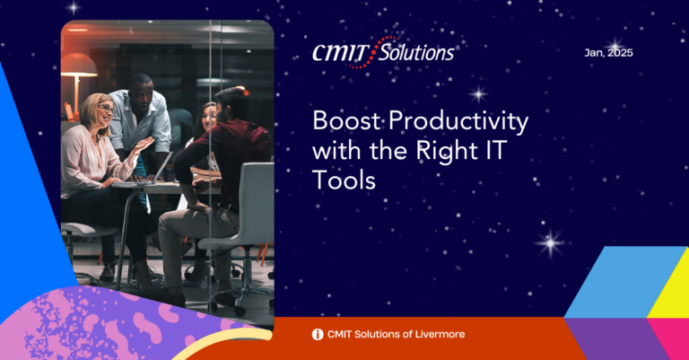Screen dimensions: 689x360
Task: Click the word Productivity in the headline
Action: pos(458,121)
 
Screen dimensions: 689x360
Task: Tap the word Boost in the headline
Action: pos(346,120)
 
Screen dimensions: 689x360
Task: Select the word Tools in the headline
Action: pos(344,180)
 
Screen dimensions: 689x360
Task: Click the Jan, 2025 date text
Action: pos(608,53)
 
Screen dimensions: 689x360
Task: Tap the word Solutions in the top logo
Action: pos(416,53)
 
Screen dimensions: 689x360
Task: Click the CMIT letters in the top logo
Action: pos(341,53)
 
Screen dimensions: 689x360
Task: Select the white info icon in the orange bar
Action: pos(318,335)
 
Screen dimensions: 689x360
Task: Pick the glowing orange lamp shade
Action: pos(78,65)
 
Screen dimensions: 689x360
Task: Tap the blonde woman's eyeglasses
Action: pos(106,108)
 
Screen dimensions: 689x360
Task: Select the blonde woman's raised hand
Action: pos(144,145)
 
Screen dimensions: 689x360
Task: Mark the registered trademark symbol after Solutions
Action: pos(458,48)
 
